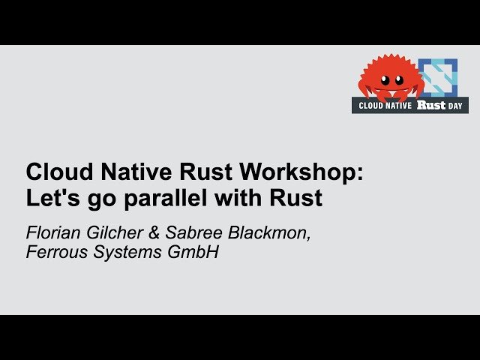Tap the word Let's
coord(53,198)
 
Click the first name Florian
coord(54,232)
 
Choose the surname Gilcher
coord(115,232)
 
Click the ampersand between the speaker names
coord(154,232)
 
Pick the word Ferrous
coord(57,252)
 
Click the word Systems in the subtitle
coord(127,253)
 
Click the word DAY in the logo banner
coord(455,106)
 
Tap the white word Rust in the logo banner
coord(431,105)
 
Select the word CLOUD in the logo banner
coord(370,106)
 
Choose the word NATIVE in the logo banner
coord(398,106)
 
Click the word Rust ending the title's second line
coord(295,198)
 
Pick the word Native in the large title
coord(136,172)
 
